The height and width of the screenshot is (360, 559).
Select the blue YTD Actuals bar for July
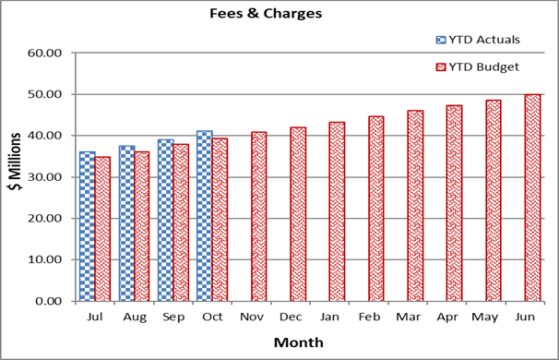pos(87,226)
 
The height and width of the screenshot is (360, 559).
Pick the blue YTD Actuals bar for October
pos(204,216)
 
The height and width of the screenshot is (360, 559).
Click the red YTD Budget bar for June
pos(532,198)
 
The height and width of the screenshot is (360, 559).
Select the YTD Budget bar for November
pos(259,216)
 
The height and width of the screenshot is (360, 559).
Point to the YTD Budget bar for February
pos(376,209)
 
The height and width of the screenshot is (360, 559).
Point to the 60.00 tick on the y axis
pos(44,53)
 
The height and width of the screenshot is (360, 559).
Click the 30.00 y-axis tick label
pos(44,176)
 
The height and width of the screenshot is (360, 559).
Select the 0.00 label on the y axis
pos(48,301)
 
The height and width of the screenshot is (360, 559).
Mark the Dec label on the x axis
pos(291,317)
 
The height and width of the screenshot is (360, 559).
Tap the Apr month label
pos(446,317)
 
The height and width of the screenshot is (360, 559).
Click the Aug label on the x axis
pos(134,317)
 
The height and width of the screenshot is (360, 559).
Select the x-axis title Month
pos(298,342)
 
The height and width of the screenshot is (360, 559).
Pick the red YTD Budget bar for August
pos(142,226)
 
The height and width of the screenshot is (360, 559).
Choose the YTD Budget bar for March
pos(415,206)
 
